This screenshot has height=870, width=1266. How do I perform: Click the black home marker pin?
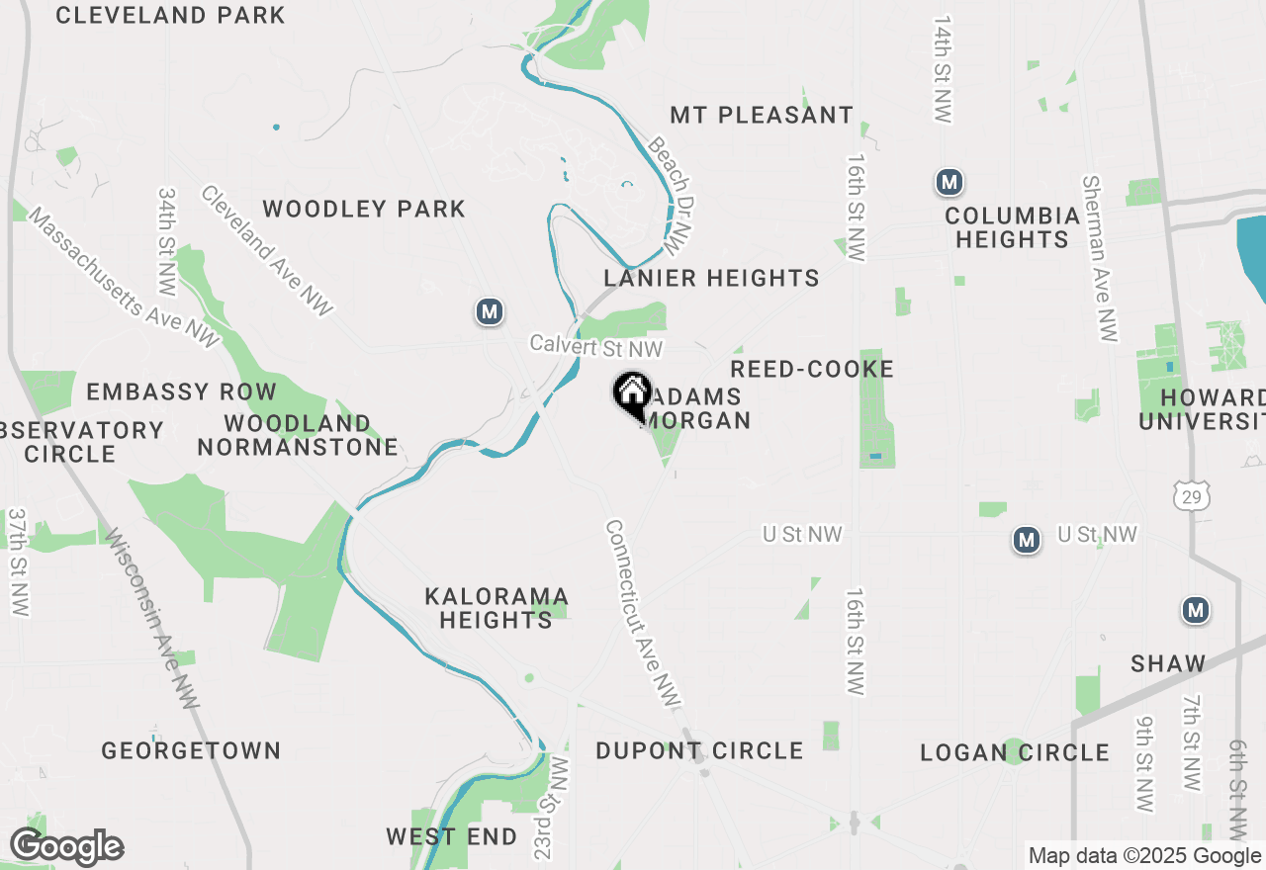click(632, 395)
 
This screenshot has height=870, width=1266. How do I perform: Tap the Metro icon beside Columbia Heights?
click(949, 182)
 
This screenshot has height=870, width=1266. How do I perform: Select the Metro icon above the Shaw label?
click(1196, 610)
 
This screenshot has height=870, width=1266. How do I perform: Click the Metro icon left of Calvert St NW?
click(489, 312)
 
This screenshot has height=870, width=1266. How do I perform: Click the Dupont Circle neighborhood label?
click(699, 750)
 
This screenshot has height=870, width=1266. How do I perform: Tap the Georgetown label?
click(191, 750)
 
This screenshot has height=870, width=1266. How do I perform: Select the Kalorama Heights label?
click(497, 608)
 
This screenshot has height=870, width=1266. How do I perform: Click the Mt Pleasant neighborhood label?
click(762, 115)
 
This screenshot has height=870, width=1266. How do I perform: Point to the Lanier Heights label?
click(711, 278)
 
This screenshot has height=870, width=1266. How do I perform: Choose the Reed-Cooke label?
click(812, 369)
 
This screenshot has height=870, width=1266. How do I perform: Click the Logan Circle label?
click(1015, 752)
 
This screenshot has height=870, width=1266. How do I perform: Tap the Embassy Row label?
click(181, 391)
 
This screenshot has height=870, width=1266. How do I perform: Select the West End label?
click(452, 836)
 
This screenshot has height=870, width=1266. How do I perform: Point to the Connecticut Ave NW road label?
click(643, 614)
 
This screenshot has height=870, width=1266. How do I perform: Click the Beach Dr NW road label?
click(669, 193)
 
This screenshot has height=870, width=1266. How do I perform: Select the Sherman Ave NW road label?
click(1100, 259)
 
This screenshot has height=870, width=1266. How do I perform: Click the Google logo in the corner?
click(67, 847)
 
